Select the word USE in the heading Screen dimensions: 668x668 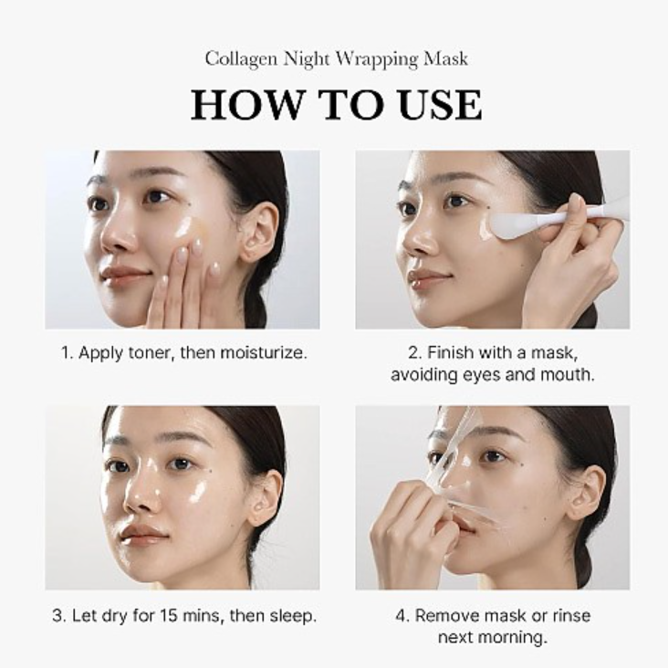pos(441,104)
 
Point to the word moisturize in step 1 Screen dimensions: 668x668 pos(263,353)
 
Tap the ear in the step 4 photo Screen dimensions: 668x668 pos(590,496)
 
